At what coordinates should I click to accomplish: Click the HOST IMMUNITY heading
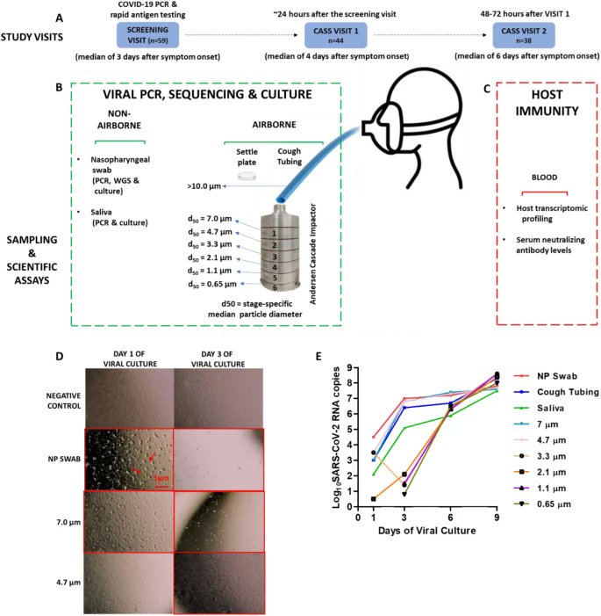tap(542, 117)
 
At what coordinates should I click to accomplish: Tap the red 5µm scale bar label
tap(160, 454)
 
